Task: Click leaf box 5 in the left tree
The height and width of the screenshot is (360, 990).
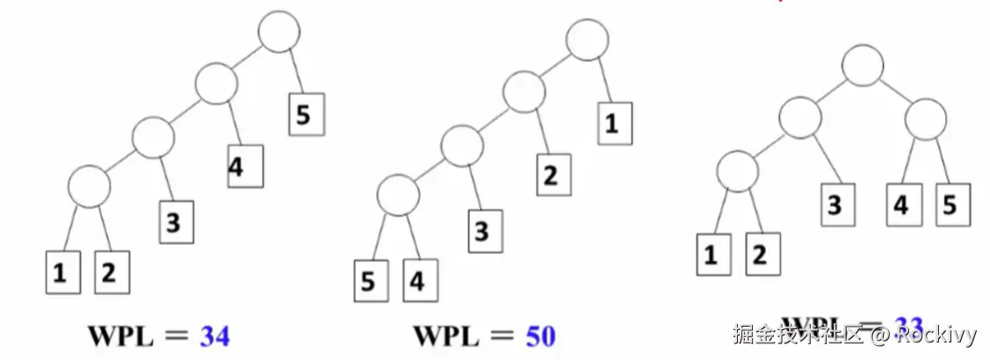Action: (x=304, y=115)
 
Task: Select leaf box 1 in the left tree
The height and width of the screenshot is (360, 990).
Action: (x=61, y=272)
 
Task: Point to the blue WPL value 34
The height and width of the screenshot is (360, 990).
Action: (x=214, y=335)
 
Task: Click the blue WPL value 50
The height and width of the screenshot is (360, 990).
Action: (x=540, y=335)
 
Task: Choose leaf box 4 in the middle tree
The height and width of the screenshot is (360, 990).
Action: (x=416, y=281)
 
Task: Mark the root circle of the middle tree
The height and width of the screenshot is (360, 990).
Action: (x=586, y=40)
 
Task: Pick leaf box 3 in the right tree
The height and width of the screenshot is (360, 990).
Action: (x=835, y=204)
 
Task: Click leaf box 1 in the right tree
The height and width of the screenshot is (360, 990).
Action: (x=712, y=255)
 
